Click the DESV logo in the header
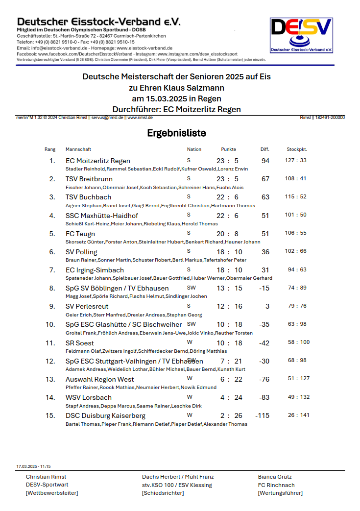302,35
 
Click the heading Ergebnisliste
176,133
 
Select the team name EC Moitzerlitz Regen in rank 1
98,161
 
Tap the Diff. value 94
265,161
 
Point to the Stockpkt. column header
297,149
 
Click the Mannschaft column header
78,149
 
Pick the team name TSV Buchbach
88,197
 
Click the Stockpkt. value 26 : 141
298,415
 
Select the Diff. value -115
263,415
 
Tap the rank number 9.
52,306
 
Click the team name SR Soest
80,343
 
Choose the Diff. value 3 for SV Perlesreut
267,306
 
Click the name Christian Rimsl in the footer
46,477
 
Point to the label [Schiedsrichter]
163,493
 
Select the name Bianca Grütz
275,477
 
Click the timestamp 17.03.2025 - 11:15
33,466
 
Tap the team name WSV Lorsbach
89,397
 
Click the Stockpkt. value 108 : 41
296,178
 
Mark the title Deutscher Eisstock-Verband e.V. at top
98,22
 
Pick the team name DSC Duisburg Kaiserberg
105,415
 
